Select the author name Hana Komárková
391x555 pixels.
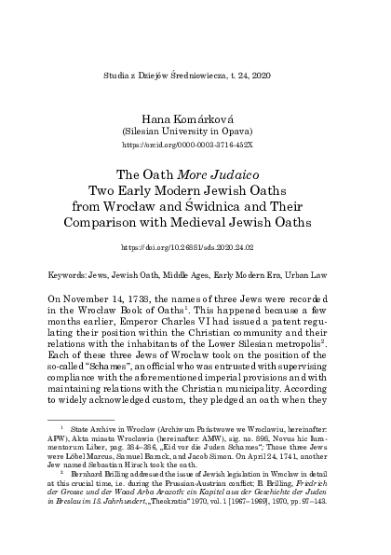pos(195,117)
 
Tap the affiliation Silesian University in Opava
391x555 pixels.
pos(195,132)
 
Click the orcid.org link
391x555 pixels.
pos(195,146)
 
